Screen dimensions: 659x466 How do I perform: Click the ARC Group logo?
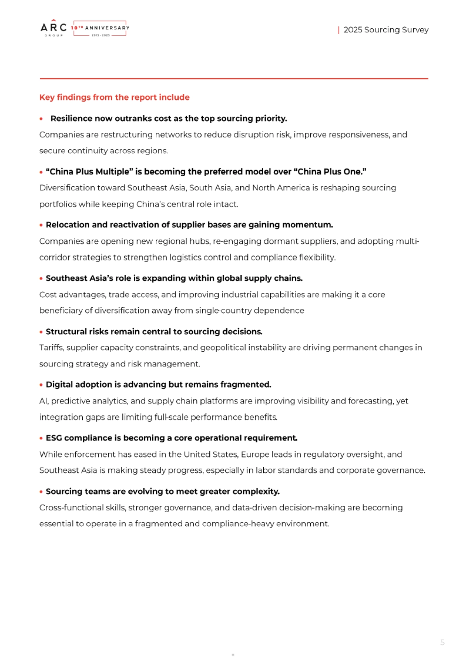(x=54, y=28)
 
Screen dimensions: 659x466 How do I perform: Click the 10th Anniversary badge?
(x=100, y=28)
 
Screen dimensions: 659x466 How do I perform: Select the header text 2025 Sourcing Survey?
(x=386, y=30)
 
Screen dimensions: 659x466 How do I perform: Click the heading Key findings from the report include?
(x=114, y=97)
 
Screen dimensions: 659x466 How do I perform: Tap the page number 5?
(x=442, y=642)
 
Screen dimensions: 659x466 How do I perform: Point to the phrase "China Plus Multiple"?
(x=90, y=172)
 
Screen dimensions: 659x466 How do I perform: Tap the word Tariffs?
(x=51, y=347)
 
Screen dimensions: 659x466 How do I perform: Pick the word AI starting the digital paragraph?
(x=43, y=401)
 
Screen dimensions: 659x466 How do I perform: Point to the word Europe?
(x=255, y=454)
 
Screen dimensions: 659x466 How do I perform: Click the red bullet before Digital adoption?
(x=41, y=385)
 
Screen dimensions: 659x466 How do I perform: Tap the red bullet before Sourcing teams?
(x=41, y=492)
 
